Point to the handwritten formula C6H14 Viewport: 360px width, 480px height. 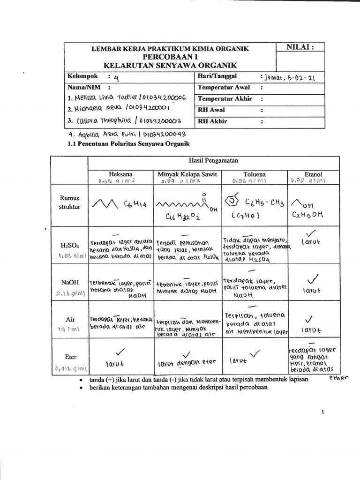(x=135, y=204)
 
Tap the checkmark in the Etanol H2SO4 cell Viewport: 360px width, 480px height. (x=310, y=233)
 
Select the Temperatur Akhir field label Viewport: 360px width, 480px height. (x=225, y=98)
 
